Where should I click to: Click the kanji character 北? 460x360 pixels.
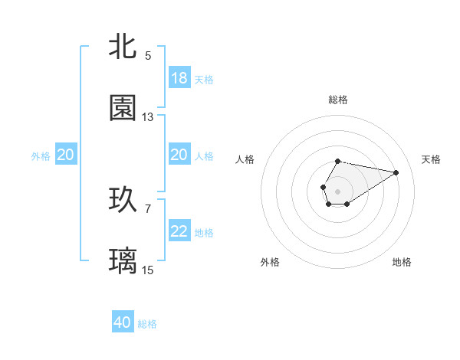click(123, 46)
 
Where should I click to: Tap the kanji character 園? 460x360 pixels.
click(123, 108)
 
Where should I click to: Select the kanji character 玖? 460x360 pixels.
click(123, 200)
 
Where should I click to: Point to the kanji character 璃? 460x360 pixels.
click(123, 261)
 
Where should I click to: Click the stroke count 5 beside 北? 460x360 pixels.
click(148, 55)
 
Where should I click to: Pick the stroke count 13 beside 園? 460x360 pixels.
click(148, 117)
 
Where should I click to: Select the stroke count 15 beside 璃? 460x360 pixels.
click(148, 270)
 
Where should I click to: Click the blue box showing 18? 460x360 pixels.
click(179, 78)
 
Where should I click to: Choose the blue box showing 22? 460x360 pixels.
click(179, 231)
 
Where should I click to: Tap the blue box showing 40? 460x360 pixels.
click(123, 322)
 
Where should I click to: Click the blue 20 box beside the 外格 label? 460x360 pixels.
click(66, 155)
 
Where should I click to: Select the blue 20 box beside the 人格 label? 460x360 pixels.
click(179, 155)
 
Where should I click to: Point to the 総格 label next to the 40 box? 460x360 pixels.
click(147, 324)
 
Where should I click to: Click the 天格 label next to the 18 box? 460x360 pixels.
click(204, 79)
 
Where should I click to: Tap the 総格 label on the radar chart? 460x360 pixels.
click(337, 100)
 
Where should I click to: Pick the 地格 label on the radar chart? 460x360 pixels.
click(402, 262)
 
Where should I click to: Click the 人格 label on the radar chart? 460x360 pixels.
click(245, 159)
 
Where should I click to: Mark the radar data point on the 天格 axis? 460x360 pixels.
click(397, 172)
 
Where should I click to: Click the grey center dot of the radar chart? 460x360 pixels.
click(337, 190)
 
